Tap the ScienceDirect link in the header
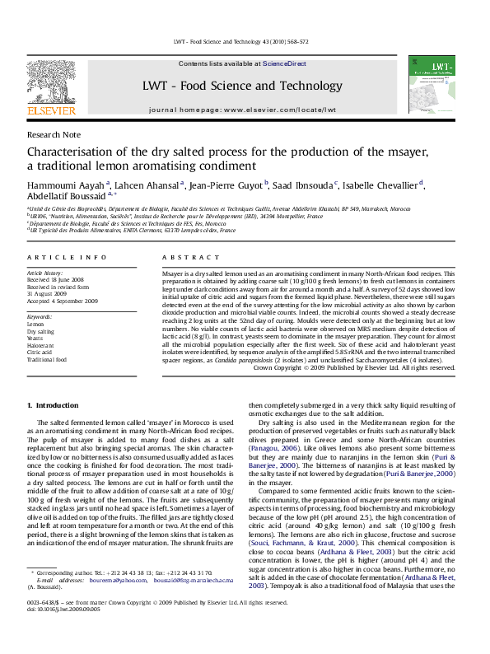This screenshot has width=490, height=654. (x=284, y=63)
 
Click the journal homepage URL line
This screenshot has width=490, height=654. (x=242, y=109)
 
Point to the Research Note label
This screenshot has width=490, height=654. (x=54, y=133)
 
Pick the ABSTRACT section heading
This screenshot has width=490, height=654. (x=184, y=258)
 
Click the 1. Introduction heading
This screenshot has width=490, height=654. (x=53, y=405)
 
